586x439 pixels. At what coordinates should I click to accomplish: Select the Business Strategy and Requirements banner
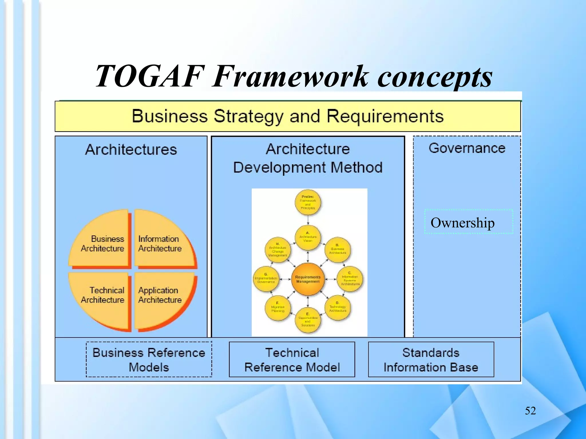(288, 116)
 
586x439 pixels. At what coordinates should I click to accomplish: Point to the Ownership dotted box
(468, 222)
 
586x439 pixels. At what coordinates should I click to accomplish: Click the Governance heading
(467, 148)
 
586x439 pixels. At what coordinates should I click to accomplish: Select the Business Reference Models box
(149, 360)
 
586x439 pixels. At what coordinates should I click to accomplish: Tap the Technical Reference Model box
(292, 360)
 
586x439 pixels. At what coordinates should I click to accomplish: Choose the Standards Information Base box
(431, 360)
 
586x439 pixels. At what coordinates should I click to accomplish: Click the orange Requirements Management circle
(308, 279)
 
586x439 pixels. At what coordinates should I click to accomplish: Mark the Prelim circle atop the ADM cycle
(308, 202)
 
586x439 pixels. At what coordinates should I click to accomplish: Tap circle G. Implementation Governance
(266, 279)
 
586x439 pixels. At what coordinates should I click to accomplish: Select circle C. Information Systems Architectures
(350, 279)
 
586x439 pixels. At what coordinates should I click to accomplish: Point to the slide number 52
(530, 411)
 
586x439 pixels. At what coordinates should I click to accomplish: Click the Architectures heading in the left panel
(131, 149)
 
